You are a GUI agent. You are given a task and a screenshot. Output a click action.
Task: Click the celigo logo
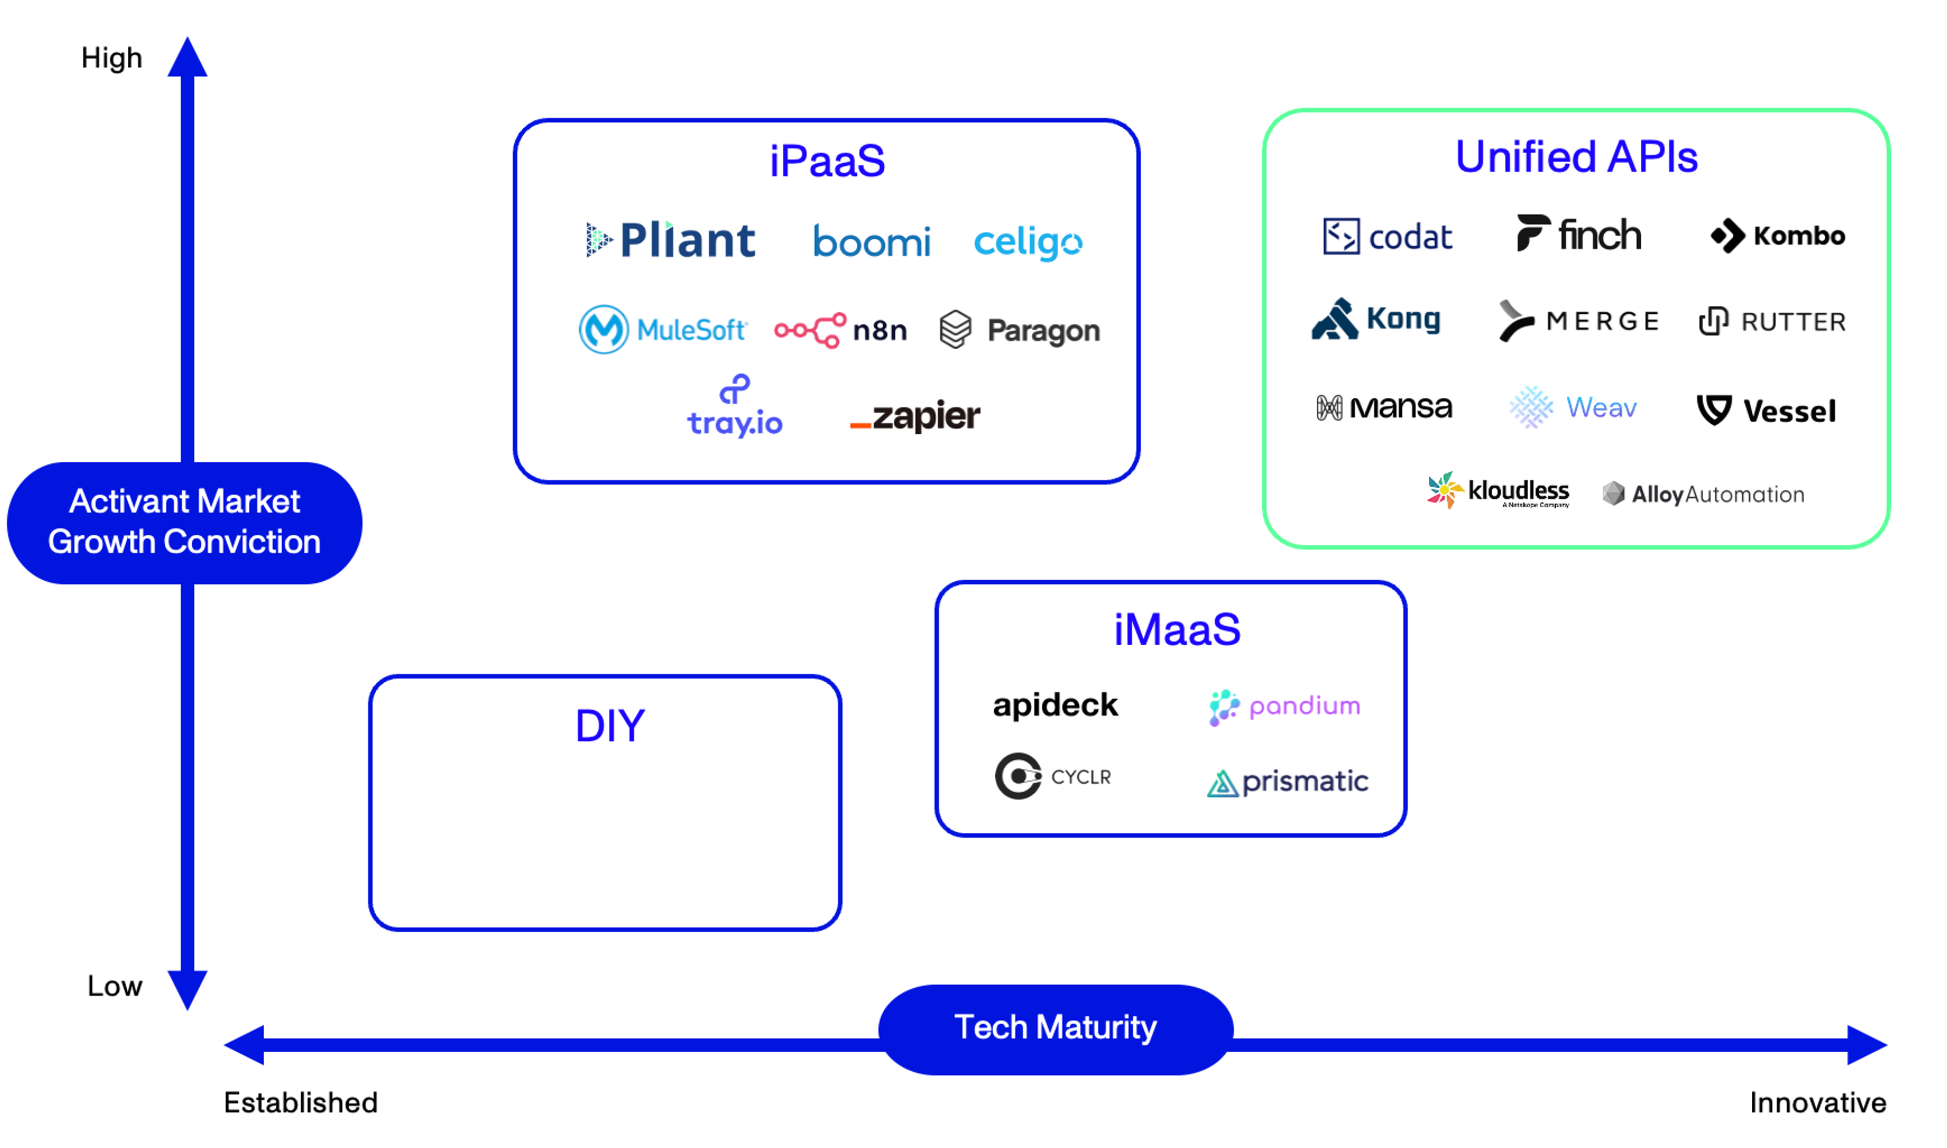point(1028,243)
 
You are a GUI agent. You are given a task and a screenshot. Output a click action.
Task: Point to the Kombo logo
point(1778,235)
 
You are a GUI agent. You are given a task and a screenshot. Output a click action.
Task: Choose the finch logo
point(1579,234)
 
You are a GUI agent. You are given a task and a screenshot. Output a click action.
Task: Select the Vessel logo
point(1766,410)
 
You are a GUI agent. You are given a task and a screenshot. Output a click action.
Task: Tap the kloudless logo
point(1498,491)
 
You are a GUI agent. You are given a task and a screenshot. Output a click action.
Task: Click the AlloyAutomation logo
point(1703,494)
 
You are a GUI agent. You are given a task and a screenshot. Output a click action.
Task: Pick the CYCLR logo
point(1053,776)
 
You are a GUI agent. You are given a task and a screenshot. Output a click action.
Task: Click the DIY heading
point(610,726)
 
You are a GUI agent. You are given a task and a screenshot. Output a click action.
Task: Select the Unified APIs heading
point(1576,157)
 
